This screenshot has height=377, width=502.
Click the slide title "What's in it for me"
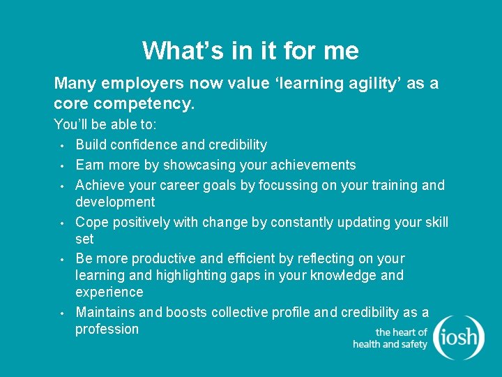250,51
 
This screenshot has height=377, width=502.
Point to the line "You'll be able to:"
105,125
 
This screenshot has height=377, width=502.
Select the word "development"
115,202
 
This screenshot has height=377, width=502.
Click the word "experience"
109,292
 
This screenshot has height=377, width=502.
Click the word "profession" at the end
107,329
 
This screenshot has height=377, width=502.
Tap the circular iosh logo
458,337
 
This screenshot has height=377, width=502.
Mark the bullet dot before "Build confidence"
62,146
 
